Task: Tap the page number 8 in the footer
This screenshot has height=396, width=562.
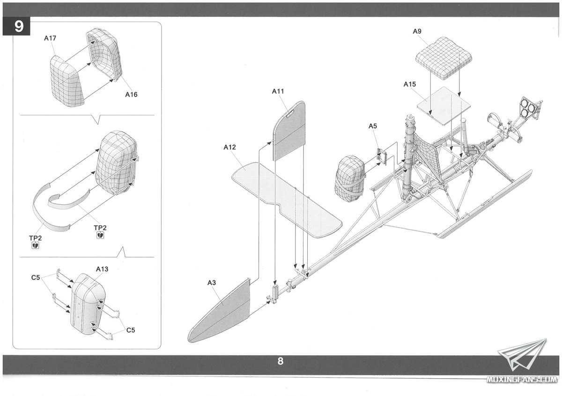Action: pos(280,361)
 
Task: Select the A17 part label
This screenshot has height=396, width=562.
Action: pos(50,38)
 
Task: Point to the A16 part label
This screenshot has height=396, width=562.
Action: pos(131,94)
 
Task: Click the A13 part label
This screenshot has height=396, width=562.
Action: pos(102,269)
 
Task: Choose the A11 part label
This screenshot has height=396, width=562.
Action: pos(278,91)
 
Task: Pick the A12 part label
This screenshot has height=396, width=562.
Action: pos(229,147)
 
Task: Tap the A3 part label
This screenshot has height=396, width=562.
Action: pos(212,282)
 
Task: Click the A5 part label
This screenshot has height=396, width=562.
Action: pos(373,126)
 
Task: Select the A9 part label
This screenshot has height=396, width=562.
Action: pos(417,31)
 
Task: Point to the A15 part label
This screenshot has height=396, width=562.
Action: pos(410,84)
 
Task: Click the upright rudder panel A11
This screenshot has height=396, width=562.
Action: pos(289,131)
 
